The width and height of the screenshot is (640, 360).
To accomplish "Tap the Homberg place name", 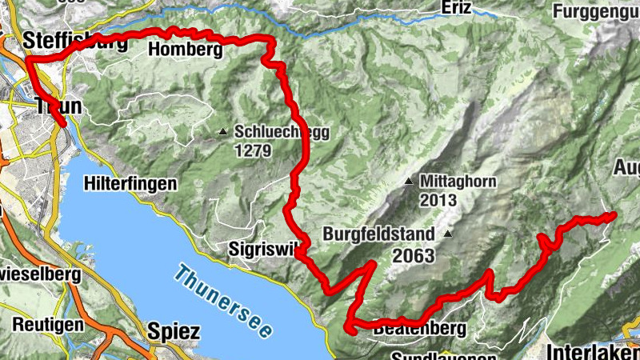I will pos(185,50).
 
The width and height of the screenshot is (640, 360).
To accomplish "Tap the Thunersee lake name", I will pos(225,300).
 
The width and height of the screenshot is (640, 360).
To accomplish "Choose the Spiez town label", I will pos(173,330).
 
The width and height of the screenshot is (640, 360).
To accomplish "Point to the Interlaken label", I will pos(593,350).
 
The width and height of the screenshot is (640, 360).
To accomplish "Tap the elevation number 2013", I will pos(436,200).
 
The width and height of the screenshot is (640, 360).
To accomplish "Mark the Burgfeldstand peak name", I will pos(379,235).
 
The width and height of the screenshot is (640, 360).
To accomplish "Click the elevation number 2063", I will pos(414,256).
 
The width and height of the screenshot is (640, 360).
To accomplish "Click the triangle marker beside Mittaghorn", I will pos(409,182).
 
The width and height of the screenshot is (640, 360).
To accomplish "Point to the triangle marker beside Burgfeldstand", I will pos(448,234).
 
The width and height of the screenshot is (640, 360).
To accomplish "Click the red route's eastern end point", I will pos(613,214).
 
